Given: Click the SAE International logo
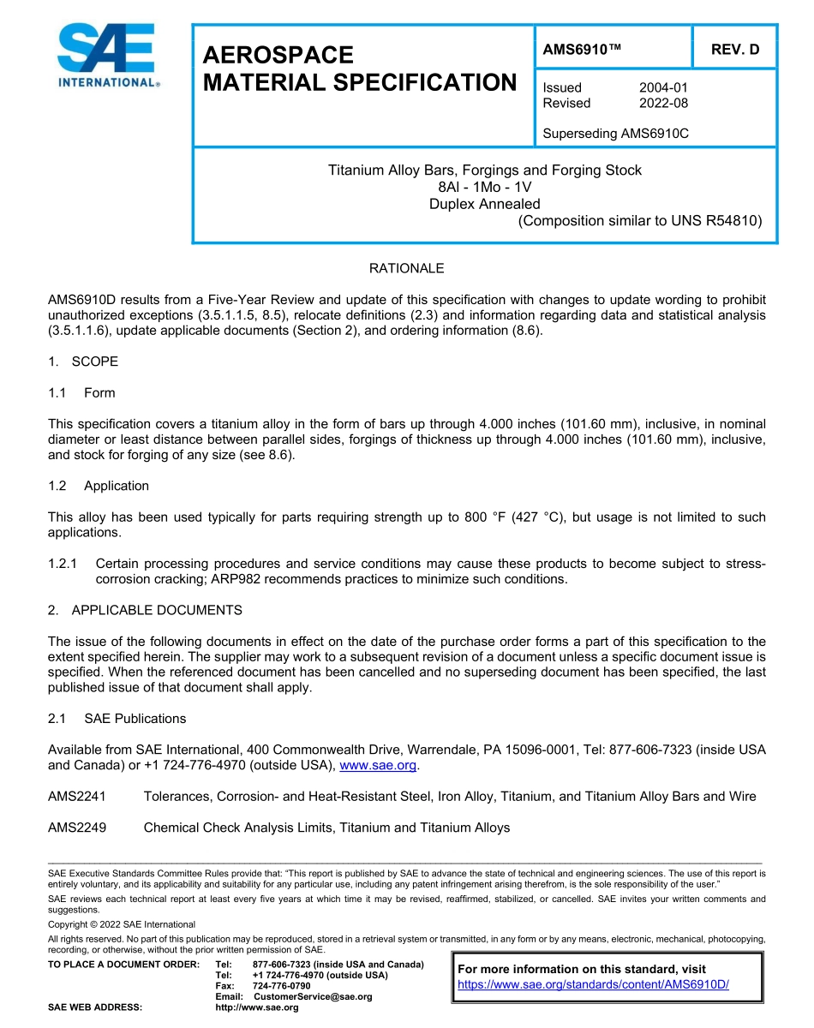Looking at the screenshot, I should coord(106,56).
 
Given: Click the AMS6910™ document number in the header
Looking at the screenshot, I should coord(582,50).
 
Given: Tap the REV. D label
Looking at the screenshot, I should coord(735,50).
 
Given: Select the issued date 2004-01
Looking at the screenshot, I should coord(663,87).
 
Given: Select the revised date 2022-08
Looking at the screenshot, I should coord(663,103).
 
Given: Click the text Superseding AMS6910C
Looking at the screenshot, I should coord(616,134).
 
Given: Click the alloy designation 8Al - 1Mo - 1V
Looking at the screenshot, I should coord(484,187).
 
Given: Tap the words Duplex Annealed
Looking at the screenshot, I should coord(484,204).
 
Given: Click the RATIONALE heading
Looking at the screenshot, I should coord(406,269).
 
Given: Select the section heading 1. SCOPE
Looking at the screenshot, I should coord(83,362).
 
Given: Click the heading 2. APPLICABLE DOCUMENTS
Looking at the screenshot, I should coord(145,610).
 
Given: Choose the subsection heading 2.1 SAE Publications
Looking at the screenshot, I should coord(117,718).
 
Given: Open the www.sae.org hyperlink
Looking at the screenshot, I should coord(378,765).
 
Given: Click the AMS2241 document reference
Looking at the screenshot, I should coord(77,797).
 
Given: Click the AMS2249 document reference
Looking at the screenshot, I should coord(77,828).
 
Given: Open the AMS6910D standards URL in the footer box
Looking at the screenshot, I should coord(593,984).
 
